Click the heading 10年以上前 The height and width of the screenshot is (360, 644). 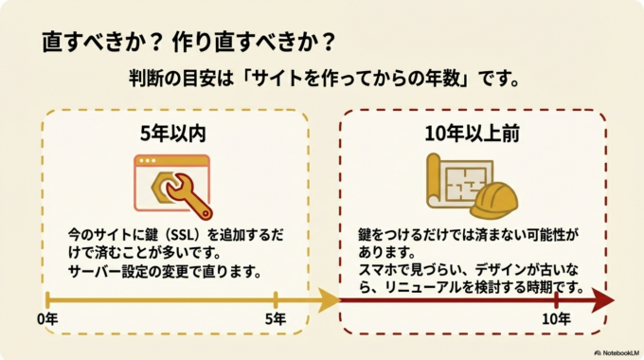[x=472, y=135]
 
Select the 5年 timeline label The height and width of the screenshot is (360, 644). [x=275, y=320]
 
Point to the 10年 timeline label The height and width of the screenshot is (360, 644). [x=556, y=320]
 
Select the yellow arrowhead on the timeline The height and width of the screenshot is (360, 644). [x=328, y=302]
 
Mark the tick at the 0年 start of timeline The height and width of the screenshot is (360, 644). [x=47, y=302]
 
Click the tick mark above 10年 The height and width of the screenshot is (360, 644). [x=556, y=300]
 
